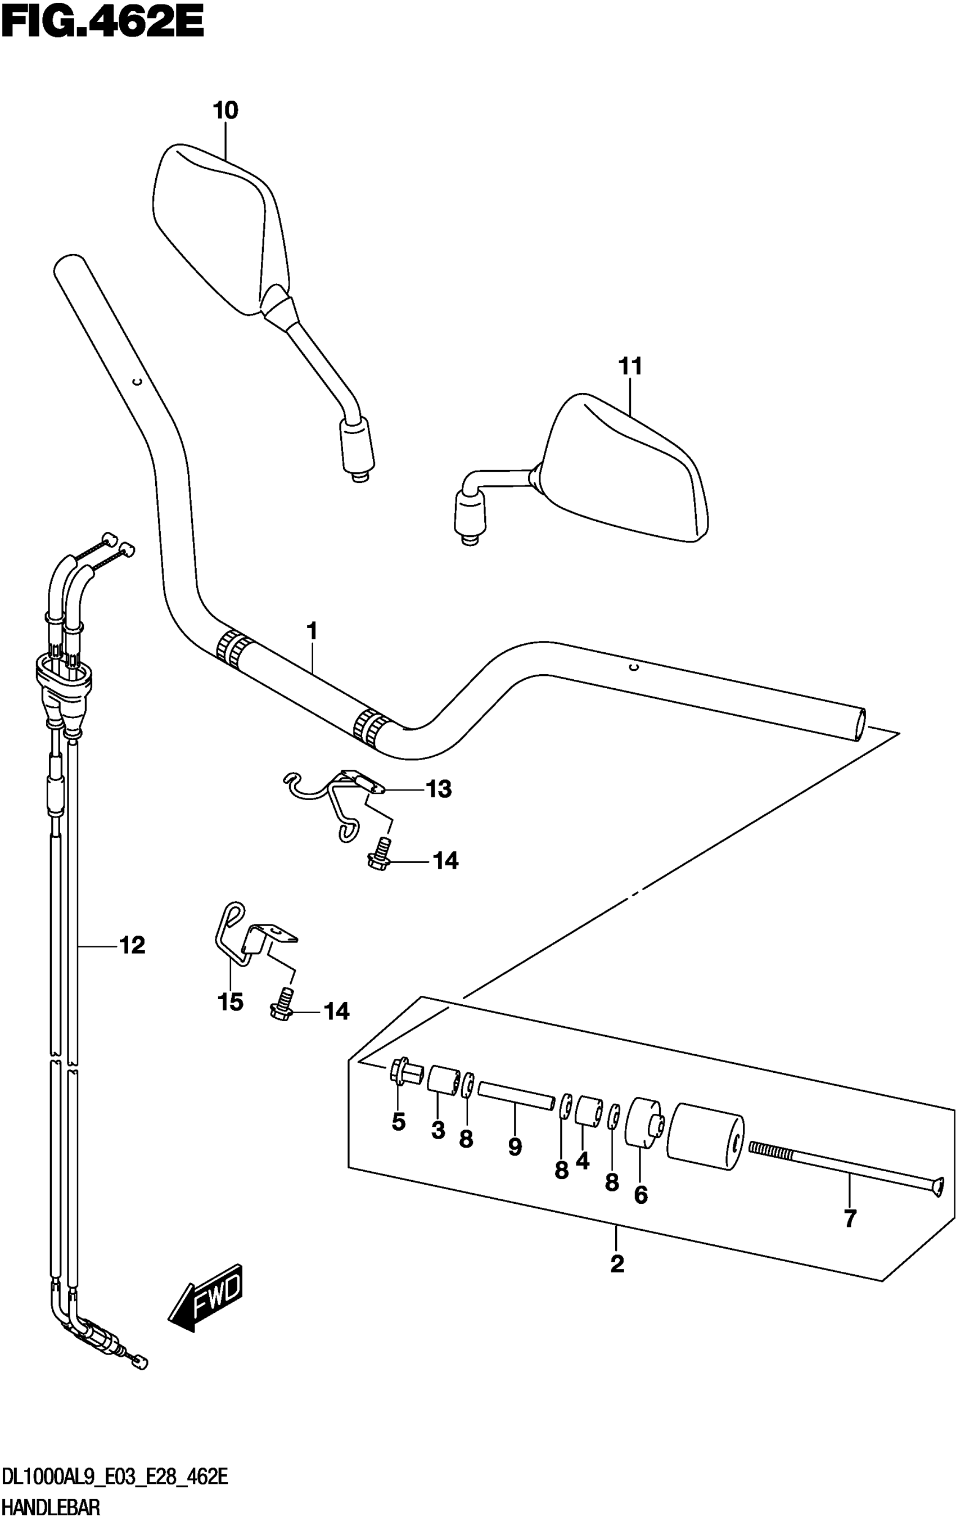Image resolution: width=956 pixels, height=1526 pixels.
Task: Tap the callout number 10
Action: [226, 111]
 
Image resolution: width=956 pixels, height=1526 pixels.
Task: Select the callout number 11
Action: [630, 367]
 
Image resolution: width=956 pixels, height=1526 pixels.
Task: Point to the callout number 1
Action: [311, 631]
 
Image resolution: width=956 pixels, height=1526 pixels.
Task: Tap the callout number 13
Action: [439, 789]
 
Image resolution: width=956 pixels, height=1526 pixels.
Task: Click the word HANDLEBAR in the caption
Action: [51, 1507]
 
